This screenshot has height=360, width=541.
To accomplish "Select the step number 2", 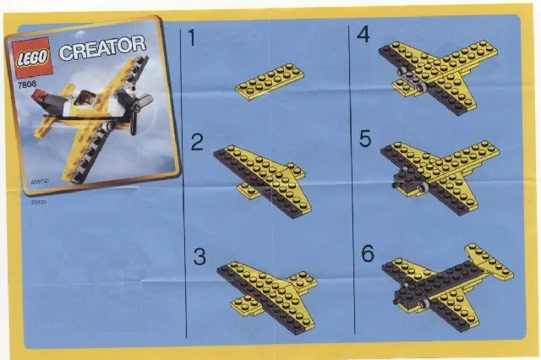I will (x=197, y=143).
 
